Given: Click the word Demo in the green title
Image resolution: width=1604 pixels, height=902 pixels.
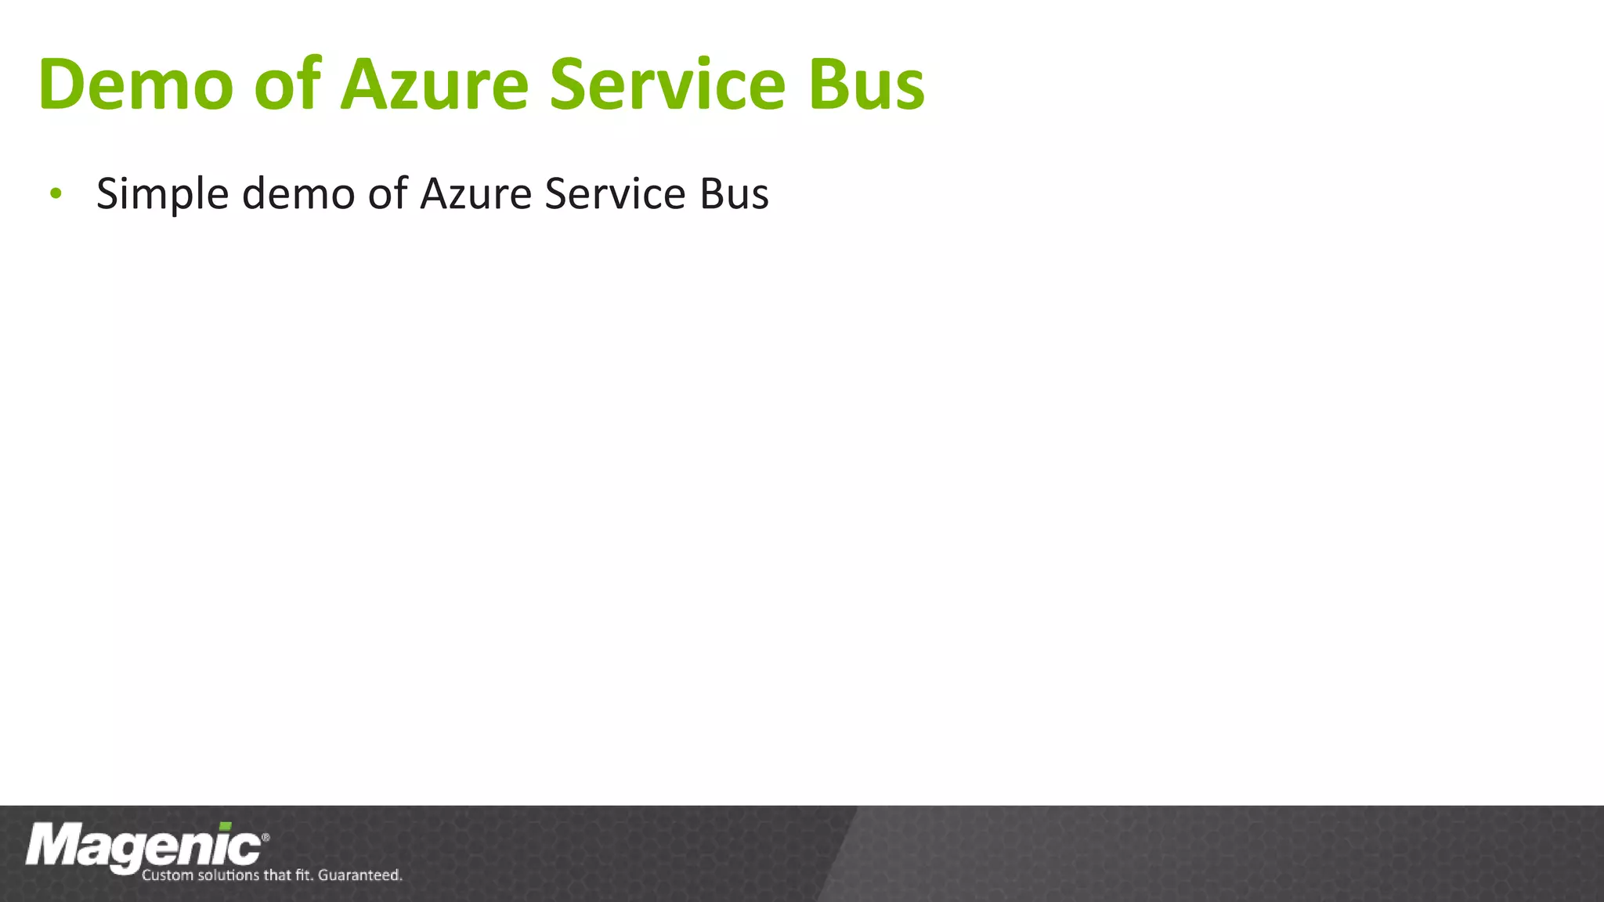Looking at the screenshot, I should (135, 84).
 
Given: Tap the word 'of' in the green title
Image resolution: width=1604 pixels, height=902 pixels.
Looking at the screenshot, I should (287, 84).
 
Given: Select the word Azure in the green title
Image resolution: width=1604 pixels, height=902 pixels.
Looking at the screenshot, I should (435, 84).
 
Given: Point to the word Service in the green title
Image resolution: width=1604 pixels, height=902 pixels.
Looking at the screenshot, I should (667, 84).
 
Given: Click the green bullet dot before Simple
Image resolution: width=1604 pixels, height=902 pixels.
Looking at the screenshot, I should (55, 193).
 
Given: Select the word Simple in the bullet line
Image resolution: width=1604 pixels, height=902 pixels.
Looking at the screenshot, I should (162, 193).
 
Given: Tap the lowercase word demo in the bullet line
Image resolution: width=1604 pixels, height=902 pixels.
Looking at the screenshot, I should (298, 193).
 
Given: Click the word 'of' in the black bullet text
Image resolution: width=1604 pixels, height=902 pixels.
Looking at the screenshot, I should (388, 193).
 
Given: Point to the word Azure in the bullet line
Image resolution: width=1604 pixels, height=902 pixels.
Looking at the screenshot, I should (476, 193).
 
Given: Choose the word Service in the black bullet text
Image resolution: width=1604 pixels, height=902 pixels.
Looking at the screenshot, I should (615, 193).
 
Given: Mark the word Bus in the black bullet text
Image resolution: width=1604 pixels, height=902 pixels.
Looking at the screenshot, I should (734, 193).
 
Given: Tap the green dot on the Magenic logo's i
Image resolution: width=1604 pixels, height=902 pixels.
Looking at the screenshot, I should (226, 826).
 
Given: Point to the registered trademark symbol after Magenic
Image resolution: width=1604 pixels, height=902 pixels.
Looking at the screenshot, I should (266, 837).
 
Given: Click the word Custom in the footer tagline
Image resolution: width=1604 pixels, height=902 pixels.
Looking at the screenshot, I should (167, 875).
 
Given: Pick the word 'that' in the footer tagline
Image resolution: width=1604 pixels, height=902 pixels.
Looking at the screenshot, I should (277, 875).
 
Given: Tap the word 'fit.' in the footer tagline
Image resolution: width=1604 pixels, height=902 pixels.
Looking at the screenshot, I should (305, 875).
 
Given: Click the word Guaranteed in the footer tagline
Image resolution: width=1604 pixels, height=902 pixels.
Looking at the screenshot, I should (359, 875).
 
